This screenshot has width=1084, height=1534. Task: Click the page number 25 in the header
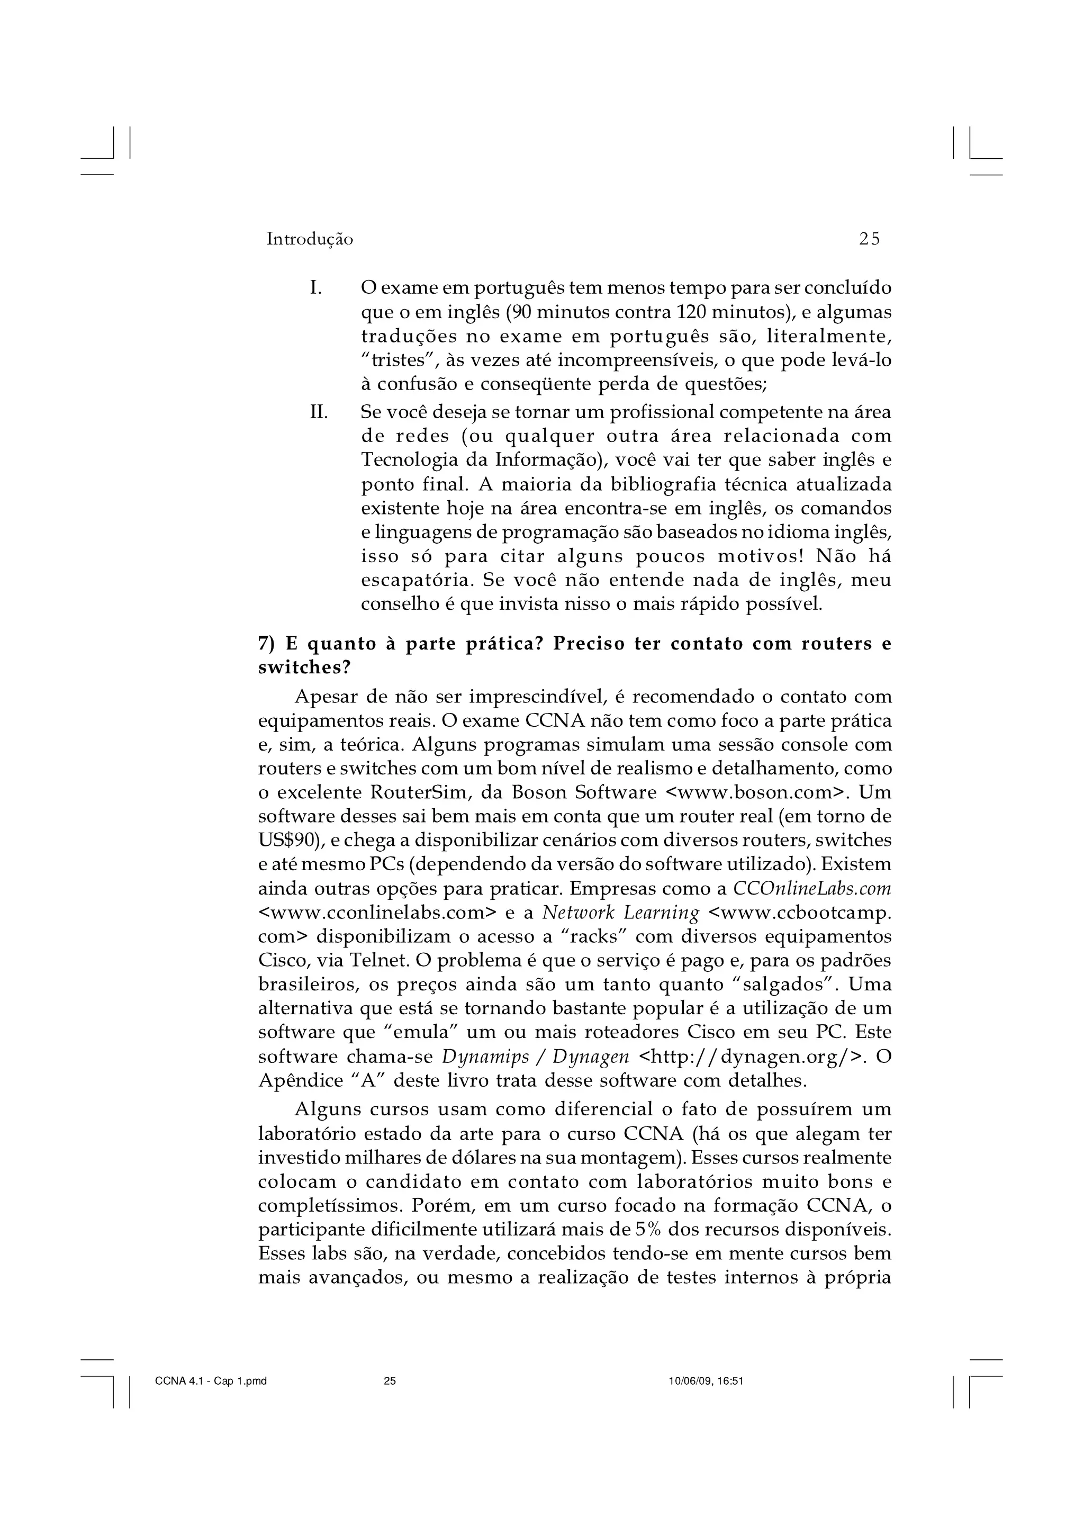coord(870,239)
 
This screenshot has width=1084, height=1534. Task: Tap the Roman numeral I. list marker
coord(316,288)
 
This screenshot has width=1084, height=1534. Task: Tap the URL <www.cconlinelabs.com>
coord(378,913)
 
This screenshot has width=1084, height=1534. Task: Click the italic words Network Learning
coord(620,913)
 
